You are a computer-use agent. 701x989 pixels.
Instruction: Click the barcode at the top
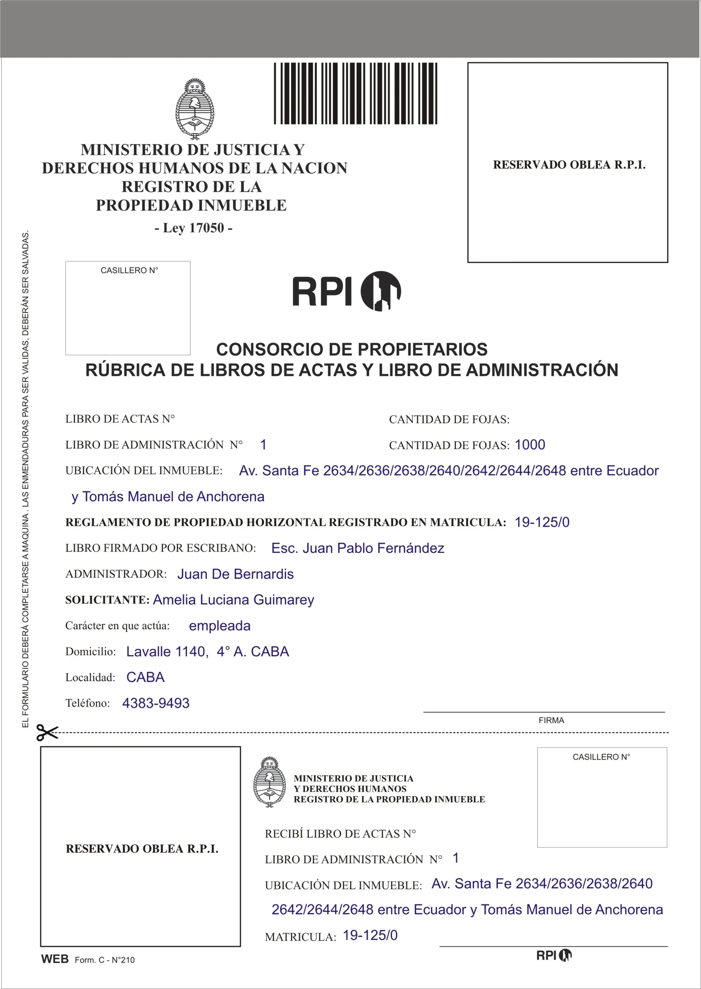(355, 93)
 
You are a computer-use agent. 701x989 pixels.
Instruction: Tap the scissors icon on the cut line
(47, 732)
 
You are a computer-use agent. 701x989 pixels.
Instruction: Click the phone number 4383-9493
(156, 703)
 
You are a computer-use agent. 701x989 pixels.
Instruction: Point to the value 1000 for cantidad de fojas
(530, 445)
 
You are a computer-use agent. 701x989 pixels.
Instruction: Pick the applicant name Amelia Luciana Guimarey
(234, 600)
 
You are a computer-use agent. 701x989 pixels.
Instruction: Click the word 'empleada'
(220, 625)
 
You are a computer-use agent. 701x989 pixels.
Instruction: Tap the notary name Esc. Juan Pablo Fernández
(358, 548)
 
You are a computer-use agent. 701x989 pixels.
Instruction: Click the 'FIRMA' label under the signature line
(551, 720)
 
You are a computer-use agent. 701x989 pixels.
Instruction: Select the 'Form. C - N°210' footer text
(104, 960)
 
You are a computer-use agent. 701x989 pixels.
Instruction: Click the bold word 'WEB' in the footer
(55, 959)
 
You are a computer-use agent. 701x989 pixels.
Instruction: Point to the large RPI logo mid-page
(346, 291)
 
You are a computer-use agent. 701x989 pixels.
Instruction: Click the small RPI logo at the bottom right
(554, 955)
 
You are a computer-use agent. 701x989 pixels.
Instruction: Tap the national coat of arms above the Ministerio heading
(194, 109)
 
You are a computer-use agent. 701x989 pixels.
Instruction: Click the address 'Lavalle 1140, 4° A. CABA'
(208, 651)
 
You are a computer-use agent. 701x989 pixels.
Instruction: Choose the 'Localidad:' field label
(90, 678)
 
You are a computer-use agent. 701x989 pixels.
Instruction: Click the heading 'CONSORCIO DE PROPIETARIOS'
(352, 349)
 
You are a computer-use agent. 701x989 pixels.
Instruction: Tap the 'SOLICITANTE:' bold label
(107, 600)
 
